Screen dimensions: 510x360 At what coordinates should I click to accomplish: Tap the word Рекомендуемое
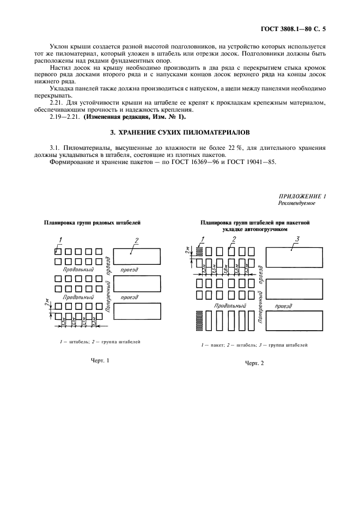click(x=296, y=203)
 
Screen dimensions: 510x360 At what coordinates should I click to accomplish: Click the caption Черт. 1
click(x=100, y=360)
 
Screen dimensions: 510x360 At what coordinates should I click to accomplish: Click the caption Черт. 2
click(x=254, y=363)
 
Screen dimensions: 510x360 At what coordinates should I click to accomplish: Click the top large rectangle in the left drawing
click(x=137, y=255)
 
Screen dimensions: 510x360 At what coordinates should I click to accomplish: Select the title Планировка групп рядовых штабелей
click(x=92, y=222)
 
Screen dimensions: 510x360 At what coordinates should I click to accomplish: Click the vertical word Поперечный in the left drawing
click(x=108, y=293)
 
